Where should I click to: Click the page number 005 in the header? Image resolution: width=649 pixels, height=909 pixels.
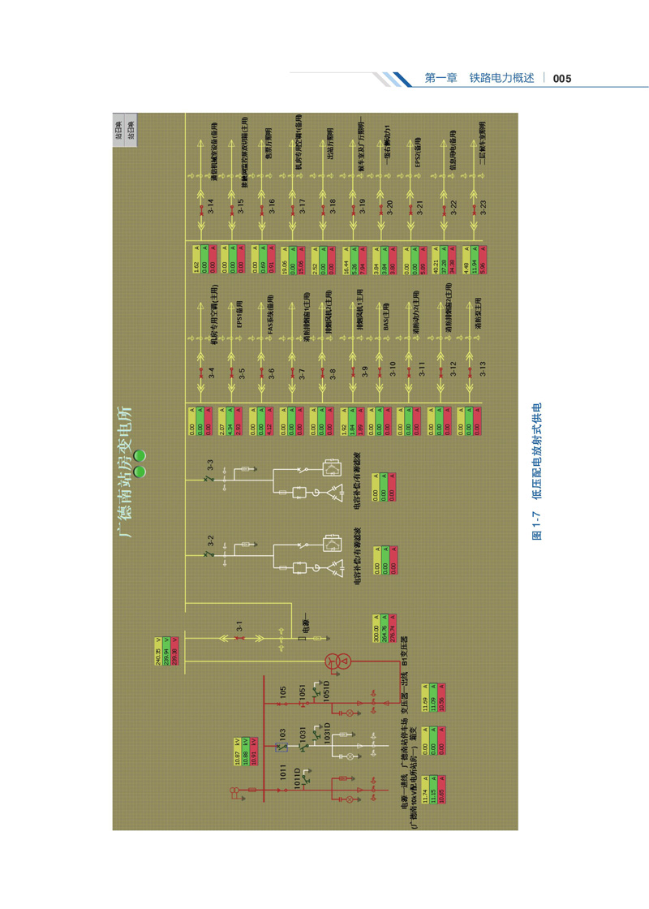(563, 79)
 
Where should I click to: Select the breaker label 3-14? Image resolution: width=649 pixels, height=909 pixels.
(210, 205)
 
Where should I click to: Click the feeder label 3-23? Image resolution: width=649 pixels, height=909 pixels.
(482, 205)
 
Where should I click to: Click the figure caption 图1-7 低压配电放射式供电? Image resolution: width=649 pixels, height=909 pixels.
(535, 472)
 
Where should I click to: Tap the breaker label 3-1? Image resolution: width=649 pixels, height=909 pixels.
(240, 627)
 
